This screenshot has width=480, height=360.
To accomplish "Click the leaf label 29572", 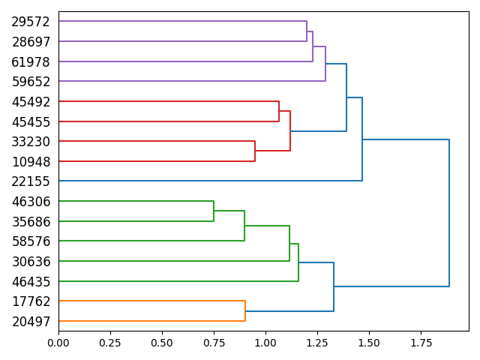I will pos(31,22).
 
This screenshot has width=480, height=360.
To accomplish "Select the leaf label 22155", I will pos(31,181).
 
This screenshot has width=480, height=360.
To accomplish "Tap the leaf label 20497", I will pos(31,322).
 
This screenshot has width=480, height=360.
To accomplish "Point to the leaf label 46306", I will pos(31,202).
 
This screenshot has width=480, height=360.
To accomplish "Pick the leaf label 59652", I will pos(31,82).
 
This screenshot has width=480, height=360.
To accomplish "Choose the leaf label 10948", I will pos(31,161).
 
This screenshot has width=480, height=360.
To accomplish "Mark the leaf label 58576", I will pos(31,241).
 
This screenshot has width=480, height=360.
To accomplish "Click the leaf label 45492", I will pos(31,102).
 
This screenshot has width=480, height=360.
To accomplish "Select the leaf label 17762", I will pos(31,301).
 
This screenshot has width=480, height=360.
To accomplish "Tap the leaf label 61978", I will pos(31,61).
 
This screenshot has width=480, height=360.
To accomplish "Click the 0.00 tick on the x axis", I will pos(58,343).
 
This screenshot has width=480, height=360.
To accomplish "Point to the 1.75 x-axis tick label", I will pos(421,343).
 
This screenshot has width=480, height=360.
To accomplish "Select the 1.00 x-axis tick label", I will pos(265,343).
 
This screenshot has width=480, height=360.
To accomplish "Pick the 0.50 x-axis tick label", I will pos(162,343).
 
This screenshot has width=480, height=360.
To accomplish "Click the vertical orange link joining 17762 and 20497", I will pos(245,311).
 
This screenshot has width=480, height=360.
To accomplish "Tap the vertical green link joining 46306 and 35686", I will pos(214,211).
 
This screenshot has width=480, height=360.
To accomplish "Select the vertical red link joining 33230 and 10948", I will pos(255,151).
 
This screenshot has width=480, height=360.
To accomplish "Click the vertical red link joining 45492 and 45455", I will pos(279,111).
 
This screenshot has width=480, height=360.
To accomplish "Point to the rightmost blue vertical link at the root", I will pos(449,213).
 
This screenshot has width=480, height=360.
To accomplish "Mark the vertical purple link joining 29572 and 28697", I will pos(307,31).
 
